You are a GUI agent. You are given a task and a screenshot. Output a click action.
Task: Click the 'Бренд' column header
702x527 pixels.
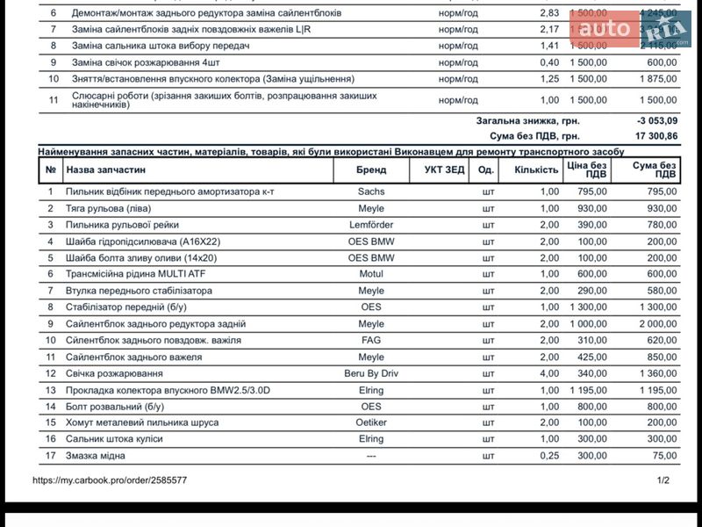click(x=371, y=170)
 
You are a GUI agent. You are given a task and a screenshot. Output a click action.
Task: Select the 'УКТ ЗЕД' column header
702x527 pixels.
click(x=444, y=170)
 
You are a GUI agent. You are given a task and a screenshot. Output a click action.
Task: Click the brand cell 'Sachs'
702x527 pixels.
click(x=371, y=191)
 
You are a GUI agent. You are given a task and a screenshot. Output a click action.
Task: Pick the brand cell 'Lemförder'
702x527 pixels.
click(x=371, y=225)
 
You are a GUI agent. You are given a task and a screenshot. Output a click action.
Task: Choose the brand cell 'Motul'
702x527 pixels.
click(x=371, y=274)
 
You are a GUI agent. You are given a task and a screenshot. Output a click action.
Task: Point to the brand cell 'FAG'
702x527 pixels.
click(x=371, y=340)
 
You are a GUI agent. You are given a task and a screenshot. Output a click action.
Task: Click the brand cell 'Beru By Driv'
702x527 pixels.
click(x=371, y=373)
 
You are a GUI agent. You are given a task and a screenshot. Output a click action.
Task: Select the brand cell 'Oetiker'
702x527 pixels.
click(x=371, y=422)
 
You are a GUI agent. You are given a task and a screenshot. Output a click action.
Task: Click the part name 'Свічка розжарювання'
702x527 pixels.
click(x=114, y=373)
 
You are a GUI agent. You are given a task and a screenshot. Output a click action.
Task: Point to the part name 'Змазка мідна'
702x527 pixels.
click(x=96, y=456)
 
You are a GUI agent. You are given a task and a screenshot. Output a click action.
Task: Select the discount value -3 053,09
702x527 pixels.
click(x=656, y=120)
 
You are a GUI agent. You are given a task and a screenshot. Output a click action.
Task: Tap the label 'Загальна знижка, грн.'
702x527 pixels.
click(x=527, y=120)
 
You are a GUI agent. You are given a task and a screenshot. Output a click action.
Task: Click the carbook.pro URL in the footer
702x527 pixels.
click(x=110, y=480)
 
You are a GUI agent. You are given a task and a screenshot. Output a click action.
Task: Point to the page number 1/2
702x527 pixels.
click(x=663, y=480)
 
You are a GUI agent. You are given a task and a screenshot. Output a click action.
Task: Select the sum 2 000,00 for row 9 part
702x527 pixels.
click(x=655, y=324)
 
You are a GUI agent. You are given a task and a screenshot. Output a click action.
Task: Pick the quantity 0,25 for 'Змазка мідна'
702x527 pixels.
click(x=549, y=456)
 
